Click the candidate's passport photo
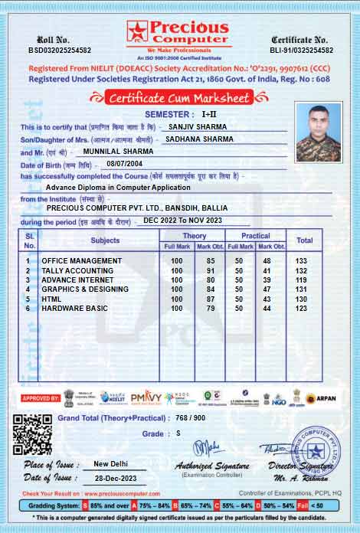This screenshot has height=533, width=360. click(318, 132)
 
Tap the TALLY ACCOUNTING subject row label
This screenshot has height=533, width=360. click(77, 270)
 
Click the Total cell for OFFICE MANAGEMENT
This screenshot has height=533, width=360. click(301, 261)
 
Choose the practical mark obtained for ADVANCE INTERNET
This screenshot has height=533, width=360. click(267, 280)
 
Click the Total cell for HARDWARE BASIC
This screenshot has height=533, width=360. click(301, 308)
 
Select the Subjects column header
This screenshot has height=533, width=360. click(105, 240)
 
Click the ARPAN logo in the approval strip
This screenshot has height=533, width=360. click(321, 398)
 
